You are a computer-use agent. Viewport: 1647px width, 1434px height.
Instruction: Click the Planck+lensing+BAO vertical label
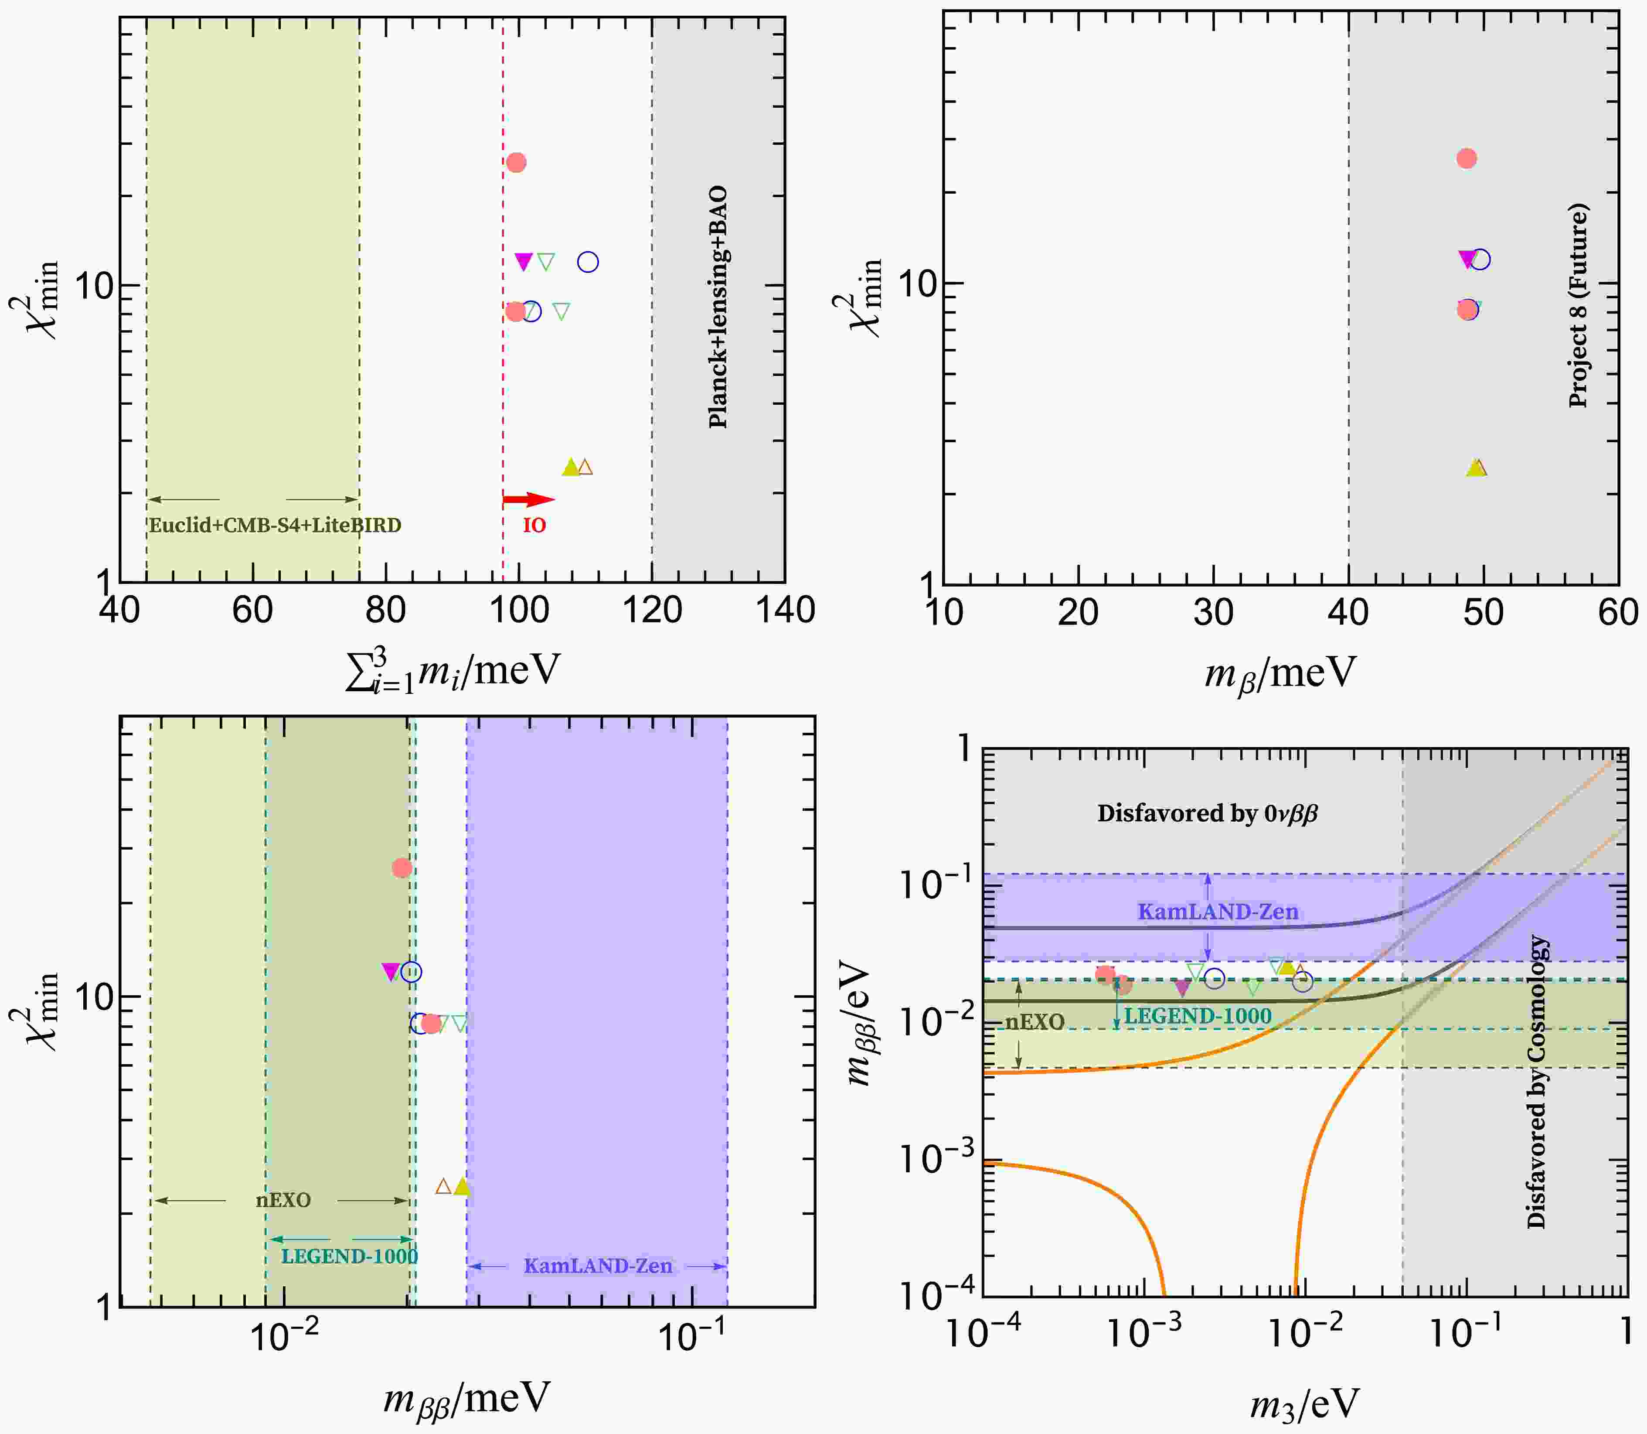click(718, 307)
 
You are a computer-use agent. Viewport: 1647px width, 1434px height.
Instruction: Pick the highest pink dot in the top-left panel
click(517, 162)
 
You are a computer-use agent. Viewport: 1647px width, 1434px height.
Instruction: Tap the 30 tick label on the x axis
click(1213, 612)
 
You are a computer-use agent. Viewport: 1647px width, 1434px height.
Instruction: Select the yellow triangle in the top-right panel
click(1475, 468)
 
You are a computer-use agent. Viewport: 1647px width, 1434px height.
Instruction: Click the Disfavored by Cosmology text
click(1537, 1082)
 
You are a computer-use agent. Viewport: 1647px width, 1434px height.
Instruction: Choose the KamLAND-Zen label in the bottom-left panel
click(598, 1266)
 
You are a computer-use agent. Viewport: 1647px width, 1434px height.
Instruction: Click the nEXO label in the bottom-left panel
click(283, 1200)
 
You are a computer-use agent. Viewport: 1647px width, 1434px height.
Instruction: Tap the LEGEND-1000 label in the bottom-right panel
click(1198, 1016)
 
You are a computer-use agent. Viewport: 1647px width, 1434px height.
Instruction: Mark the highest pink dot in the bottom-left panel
click(402, 868)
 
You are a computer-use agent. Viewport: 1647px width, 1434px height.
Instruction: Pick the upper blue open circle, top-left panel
click(588, 262)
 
